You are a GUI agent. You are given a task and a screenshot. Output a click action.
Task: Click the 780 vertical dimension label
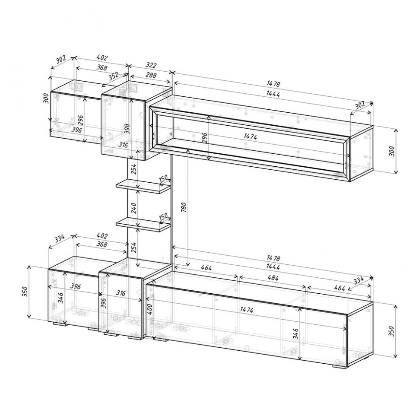(x=184, y=207)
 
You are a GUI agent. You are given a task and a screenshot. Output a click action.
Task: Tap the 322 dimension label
(x=151, y=65)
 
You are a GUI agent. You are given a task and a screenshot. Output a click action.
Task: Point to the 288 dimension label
(x=151, y=75)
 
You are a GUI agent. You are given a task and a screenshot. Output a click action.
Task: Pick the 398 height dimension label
(x=127, y=129)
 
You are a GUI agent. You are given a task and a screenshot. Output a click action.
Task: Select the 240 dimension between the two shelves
(x=134, y=208)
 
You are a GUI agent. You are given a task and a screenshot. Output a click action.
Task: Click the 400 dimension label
(x=149, y=309)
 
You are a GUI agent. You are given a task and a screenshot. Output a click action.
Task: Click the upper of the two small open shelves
(x=143, y=186)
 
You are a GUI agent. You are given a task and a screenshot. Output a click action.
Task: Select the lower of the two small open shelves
(x=143, y=225)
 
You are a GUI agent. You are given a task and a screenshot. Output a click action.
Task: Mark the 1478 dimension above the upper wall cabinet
(x=273, y=84)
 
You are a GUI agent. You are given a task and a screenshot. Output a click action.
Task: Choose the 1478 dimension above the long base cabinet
(x=273, y=258)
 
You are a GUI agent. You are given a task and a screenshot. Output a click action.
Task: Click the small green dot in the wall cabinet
(x=171, y=133)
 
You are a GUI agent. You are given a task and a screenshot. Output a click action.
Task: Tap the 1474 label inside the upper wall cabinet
(x=251, y=136)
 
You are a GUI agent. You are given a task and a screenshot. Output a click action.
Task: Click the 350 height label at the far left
(x=25, y=292)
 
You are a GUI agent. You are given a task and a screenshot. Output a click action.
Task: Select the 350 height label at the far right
(x=391, y=331)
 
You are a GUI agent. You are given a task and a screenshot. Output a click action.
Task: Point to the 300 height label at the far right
(x=391, y=151)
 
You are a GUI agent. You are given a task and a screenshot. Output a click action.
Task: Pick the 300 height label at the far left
(x=46, y=98)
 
